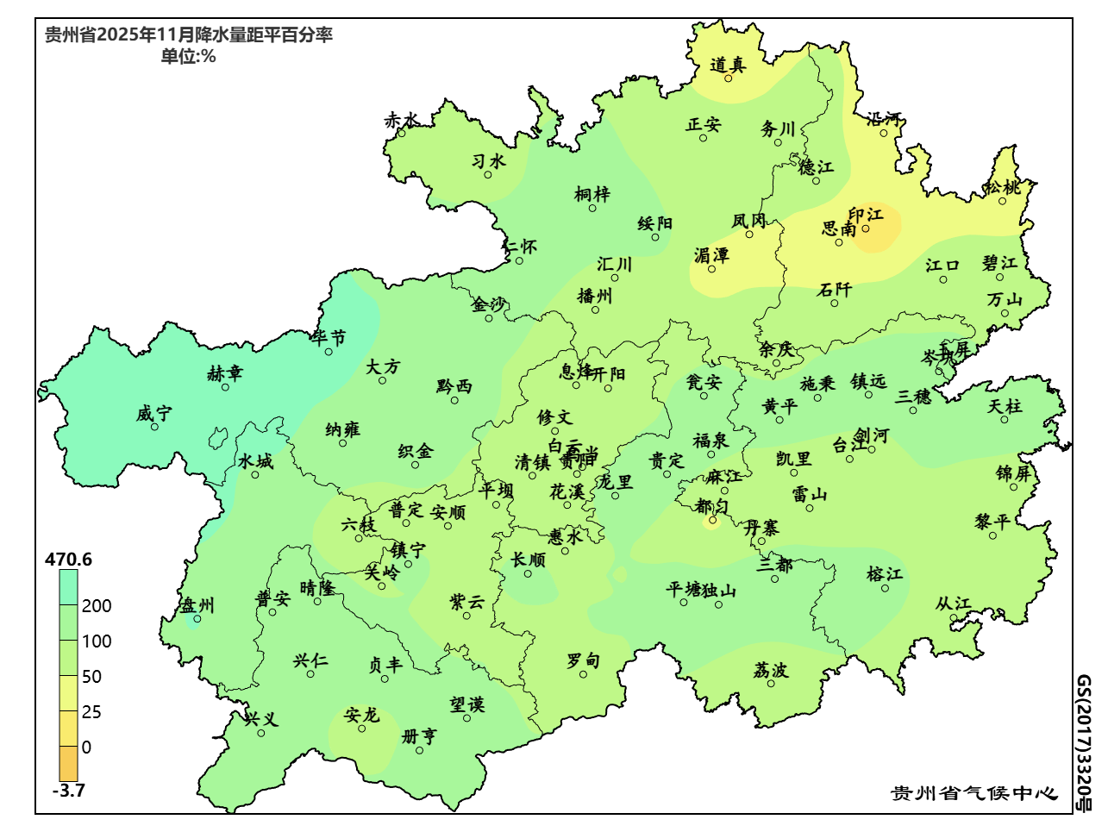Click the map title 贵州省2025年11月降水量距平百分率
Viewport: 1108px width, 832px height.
click(188, 35)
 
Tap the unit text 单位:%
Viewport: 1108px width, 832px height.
click(188, 57)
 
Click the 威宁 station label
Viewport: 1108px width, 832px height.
click(154, 414)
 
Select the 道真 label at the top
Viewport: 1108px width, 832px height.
click(727, 65)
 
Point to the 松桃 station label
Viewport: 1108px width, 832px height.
click(1003, 187)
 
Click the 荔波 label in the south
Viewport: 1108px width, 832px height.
click(770, 670)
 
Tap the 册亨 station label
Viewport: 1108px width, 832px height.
click(419, 736)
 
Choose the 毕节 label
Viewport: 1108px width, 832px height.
click(329, 338)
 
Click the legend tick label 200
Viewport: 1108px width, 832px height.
click(97, 606)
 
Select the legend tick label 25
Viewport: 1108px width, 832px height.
click(91, 712)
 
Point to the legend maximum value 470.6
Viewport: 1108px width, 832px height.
click(68, 560)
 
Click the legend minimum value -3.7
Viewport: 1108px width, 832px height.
click(68, 791)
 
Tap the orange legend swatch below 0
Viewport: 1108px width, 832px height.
click(68, 764)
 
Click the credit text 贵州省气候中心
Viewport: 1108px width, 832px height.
click(973, 793)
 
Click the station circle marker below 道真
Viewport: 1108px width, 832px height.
click(728, 78)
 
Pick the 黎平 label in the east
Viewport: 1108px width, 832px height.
click(992, 522)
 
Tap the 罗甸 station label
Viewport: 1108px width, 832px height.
click(583, 660)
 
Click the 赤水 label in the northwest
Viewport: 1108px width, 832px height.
click(401, 121)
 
